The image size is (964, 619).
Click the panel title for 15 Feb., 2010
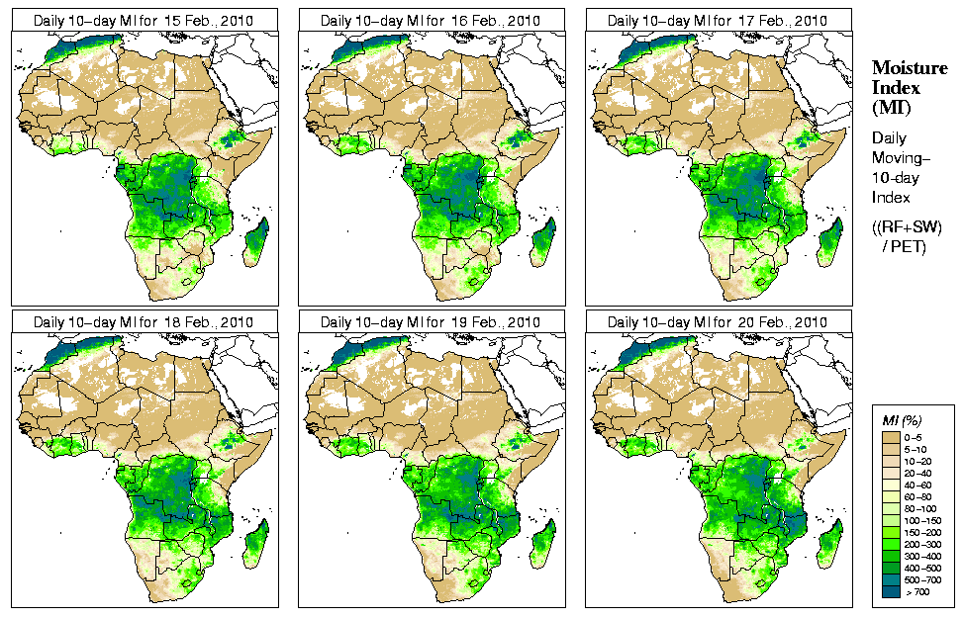coord(144,20)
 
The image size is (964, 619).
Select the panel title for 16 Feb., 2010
coord(431,20)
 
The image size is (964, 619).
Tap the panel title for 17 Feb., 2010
coord(718,20)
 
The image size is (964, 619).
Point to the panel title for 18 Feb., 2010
coord(144,322)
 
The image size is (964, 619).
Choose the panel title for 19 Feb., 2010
coord(431,322)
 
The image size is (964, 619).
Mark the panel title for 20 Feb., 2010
coord(718,322)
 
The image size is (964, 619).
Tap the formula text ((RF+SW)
coord(907,227)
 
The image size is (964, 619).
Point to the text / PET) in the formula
coord(905,246)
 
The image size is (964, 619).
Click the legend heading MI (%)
coord(902,421)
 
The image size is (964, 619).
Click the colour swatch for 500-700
coord(891,577)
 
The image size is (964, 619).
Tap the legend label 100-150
coord(921,518)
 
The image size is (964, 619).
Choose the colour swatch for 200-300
coord(891,542)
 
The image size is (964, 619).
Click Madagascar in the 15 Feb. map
coord(255,243)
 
